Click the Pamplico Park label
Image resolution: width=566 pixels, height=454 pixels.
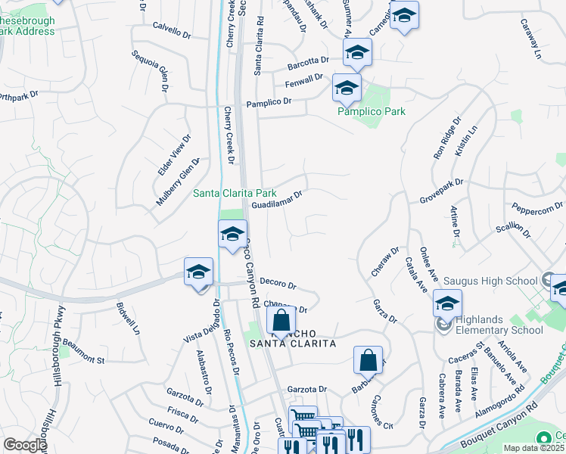click(372, 111)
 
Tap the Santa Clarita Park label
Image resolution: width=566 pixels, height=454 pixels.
click(234, 193)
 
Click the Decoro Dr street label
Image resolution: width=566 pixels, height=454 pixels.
click(278, 283)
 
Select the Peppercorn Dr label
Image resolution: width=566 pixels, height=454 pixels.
click(538, 207)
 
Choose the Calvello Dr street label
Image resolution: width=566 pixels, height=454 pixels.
click(171, 32)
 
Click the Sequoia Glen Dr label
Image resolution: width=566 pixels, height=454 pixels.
click(150, 70)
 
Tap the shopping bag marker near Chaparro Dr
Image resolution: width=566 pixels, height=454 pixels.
click(281, 322)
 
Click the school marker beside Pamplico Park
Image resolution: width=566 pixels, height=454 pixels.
click(347, 89)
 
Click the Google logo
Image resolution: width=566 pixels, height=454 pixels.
click(25, 445)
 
